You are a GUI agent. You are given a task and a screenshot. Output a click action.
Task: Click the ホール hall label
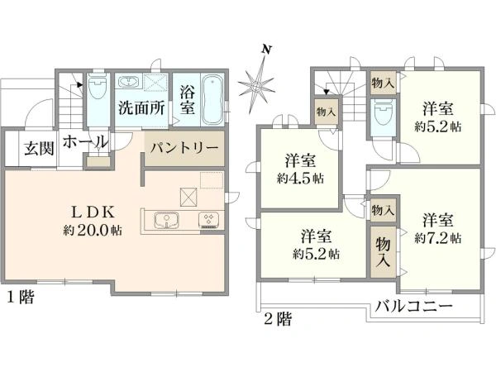point(84,141)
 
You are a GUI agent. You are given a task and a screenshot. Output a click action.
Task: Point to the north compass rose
point(258,83)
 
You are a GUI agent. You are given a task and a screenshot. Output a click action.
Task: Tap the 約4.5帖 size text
point(300,179)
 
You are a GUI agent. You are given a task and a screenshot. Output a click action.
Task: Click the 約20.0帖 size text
point(94,231)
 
